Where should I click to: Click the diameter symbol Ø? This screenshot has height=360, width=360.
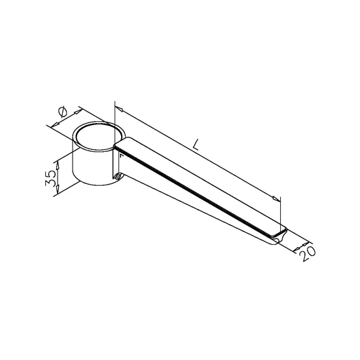tap(63, 112)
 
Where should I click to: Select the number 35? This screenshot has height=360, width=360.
tap(50, 178)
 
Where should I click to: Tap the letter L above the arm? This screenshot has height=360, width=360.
tap(196, 145)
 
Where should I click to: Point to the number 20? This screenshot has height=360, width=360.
tap(308, 254)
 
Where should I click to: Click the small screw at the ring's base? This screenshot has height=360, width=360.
tap(118, 177)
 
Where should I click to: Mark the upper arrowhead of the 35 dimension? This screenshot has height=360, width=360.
tap(58, 166)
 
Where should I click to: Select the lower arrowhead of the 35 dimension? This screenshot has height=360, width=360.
tap(58, 189)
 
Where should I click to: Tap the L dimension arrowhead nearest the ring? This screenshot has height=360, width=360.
tap(119, 109)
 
